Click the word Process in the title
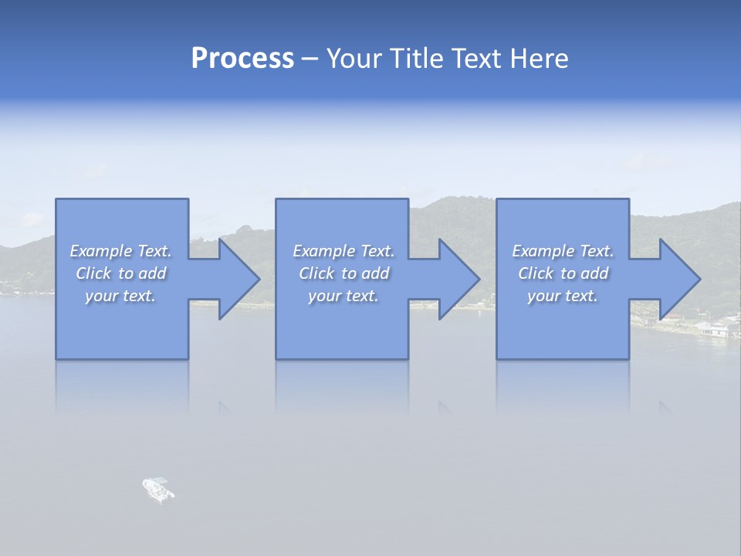tap(242, 59)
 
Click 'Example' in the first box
tap(100, 251)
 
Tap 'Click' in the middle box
tap(316, 273)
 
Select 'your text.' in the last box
tap(562, 296)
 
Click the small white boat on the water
tap(158, 489)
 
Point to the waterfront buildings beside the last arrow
tap(714, 327)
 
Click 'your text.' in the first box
tap(120, 296)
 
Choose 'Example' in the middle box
tap(323, 251)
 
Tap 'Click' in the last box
tap(536, 273)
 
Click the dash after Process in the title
tap(310, 59)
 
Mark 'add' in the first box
tap(153, 273)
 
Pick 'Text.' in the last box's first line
tap(597, 251)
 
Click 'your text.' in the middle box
tap(343, 296)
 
